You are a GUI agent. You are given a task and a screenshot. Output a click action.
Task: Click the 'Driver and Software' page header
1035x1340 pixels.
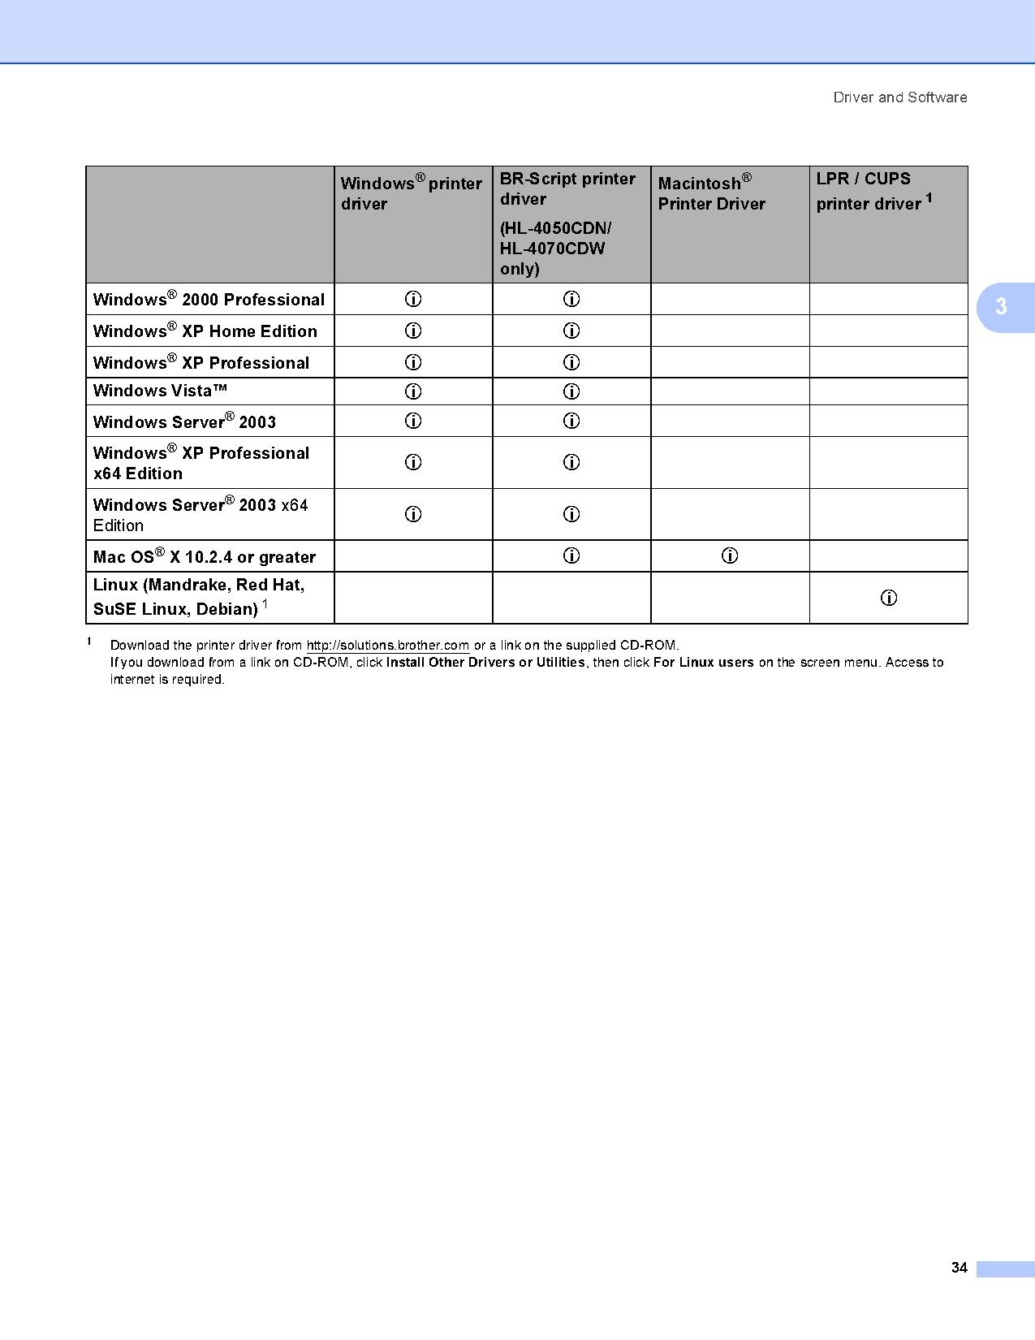pyautogui.click(x=899, y=97)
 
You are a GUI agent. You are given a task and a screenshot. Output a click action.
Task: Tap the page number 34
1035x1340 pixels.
pyautogui.click(x=959, y=1268)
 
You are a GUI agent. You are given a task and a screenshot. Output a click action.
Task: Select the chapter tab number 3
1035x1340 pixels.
pyautogui.click(x=1001, y=307)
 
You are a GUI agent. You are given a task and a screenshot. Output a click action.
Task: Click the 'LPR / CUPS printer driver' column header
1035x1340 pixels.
pyautogui.click(x=873, y=192)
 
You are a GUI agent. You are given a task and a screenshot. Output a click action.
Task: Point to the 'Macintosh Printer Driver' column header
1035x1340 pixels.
pyautogui.click(x=711, y=193)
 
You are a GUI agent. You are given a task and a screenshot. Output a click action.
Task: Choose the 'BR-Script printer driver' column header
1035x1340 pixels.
pyautogui.click(x=567, y=189)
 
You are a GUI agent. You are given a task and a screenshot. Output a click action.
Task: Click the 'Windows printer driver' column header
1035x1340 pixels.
pyautogui.click(x=411, y=193)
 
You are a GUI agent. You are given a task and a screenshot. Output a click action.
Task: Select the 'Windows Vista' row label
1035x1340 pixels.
pyautogui.click(x=160, y=391)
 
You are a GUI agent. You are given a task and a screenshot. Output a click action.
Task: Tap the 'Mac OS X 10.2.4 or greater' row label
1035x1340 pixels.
pyautogui.click(x=205, y=557)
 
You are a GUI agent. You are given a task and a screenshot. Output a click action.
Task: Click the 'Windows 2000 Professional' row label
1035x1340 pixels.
pyautogui.click(x=209, y=300)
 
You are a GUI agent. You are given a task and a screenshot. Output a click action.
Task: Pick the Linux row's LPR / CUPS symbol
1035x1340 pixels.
pyautogui.click(x=889, y=599)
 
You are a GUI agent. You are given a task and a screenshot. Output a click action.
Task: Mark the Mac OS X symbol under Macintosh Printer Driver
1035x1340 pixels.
pyautogui.click(x=730, y=556)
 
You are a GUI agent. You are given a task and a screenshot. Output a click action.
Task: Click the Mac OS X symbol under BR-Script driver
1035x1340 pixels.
pyautogui.click(x=571, y=556)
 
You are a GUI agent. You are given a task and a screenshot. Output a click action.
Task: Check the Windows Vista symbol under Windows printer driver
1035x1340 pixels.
pyautogui.click(x=413, y=391)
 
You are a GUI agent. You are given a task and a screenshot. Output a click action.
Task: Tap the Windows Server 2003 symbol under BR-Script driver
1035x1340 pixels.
pyautogui.click(x=571, y=421)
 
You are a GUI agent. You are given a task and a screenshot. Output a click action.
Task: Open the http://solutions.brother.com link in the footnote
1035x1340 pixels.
pyautogui.click(x=387, y=646)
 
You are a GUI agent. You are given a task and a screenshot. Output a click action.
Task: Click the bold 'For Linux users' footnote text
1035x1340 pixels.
pyautogui.click(x=703, y=663)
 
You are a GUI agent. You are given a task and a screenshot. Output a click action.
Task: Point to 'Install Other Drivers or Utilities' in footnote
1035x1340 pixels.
pyautogui.click(x=485, y=663)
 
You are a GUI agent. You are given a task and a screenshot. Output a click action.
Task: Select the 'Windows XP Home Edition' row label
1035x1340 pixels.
pyautogui.click(x=205, y=331)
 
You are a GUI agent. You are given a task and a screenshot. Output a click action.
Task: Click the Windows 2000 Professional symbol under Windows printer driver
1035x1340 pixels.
pyautogui.click(x=413, y=300)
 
